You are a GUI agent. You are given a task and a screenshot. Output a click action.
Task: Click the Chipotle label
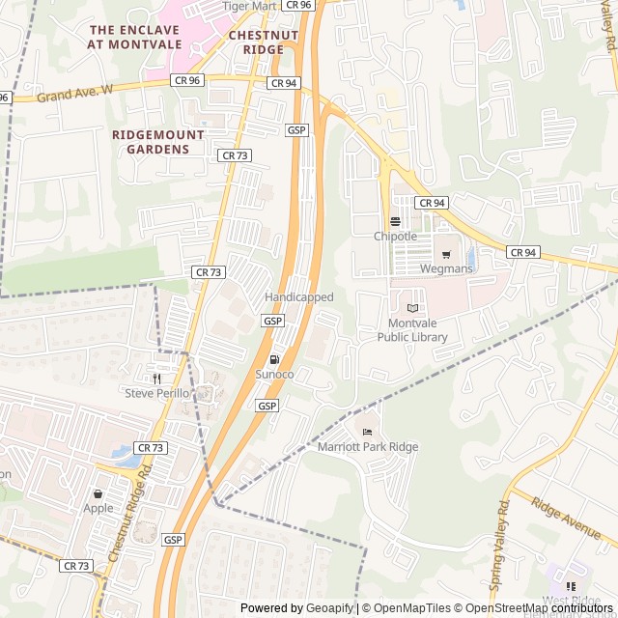[396, 237]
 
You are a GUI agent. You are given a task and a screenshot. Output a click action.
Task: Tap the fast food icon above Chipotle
[395, 221]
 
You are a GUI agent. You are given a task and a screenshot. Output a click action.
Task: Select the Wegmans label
[447, 268]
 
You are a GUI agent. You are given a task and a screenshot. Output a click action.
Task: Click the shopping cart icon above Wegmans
[446, 254]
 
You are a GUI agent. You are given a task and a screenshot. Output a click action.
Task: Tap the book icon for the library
[413, 308]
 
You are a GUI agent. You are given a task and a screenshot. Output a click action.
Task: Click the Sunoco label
[274, 374]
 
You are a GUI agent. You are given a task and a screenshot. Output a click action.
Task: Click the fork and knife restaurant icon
[156, 378]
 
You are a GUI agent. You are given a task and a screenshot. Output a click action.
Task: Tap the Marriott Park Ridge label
[368, 447]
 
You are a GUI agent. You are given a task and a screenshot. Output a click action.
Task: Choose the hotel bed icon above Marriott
[366, 432]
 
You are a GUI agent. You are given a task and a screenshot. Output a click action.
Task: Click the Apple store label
[98, 508]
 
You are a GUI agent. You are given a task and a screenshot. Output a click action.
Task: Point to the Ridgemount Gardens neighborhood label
[158, 142]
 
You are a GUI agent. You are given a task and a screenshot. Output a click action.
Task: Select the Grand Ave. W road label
[75, 94]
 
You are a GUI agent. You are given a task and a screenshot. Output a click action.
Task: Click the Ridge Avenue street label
[566, 518]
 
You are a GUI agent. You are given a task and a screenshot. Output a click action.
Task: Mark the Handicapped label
[299, 297]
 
